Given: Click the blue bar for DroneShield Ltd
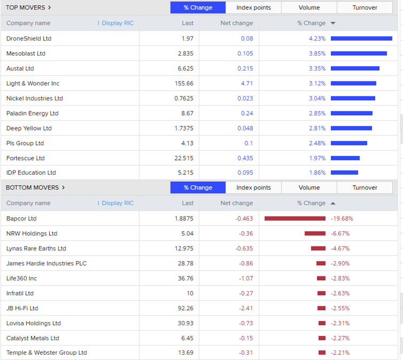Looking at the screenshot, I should (361, 39).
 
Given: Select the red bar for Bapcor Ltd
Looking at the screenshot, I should (294, 218).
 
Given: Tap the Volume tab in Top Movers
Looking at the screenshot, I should (309, 7).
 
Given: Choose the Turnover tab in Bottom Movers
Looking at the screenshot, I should (365, 187).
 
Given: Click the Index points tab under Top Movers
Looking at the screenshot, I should (253, 7).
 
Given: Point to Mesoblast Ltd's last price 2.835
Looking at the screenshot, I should (185, 53).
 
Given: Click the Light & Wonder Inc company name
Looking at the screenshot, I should (33, 83).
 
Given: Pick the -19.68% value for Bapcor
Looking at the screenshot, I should (342, 218).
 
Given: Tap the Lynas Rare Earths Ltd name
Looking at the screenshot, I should (36, 248).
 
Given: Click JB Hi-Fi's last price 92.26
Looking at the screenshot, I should (185, 308).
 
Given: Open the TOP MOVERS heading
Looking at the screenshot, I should (28, 7).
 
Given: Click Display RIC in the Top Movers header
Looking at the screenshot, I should (118, 23).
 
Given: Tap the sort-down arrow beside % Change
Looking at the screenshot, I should (333, 23).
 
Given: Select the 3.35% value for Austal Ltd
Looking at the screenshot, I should (317, 68).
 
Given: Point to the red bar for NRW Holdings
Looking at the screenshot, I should (315, 233).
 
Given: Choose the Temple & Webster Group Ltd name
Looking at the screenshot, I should (46, 353).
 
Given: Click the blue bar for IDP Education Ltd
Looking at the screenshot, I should (344, 172).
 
